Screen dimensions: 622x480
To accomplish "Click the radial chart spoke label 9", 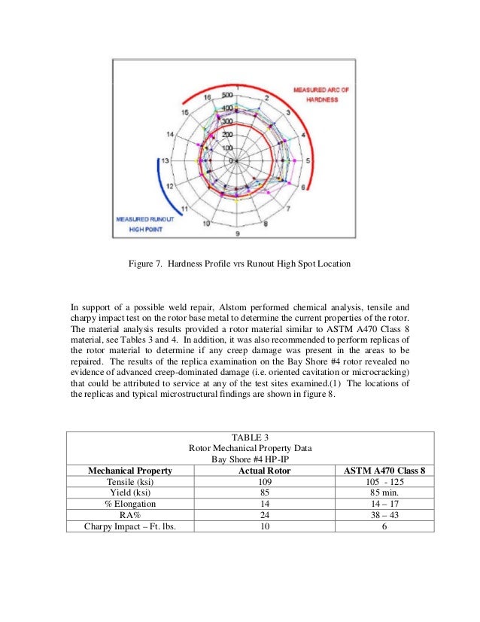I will coord(237,233).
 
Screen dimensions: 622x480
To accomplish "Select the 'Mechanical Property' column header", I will coord(130,471).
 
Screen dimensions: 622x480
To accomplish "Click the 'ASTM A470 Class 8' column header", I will coord(384,471).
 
